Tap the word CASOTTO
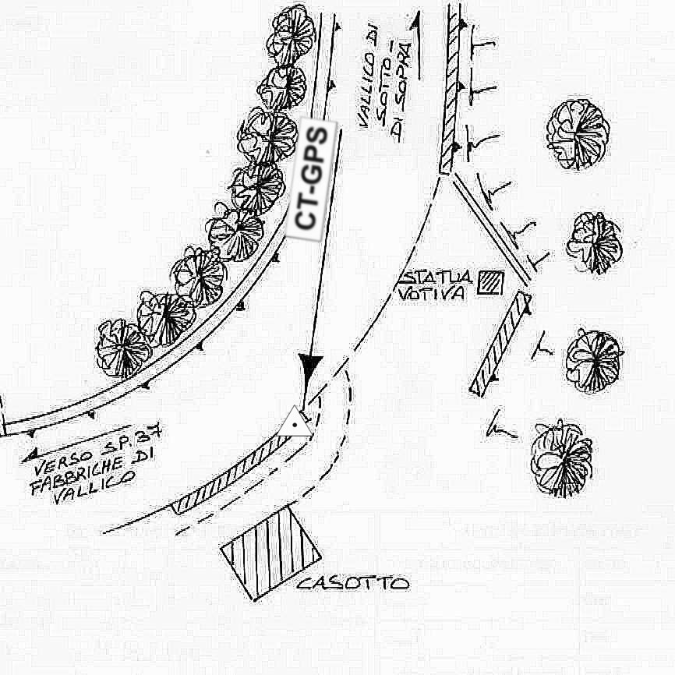coord(353,583)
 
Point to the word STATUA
coord(436,277)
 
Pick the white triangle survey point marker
coord(294,422)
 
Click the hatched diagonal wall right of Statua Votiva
coord(500,342)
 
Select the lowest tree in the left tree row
coord(123,348)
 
